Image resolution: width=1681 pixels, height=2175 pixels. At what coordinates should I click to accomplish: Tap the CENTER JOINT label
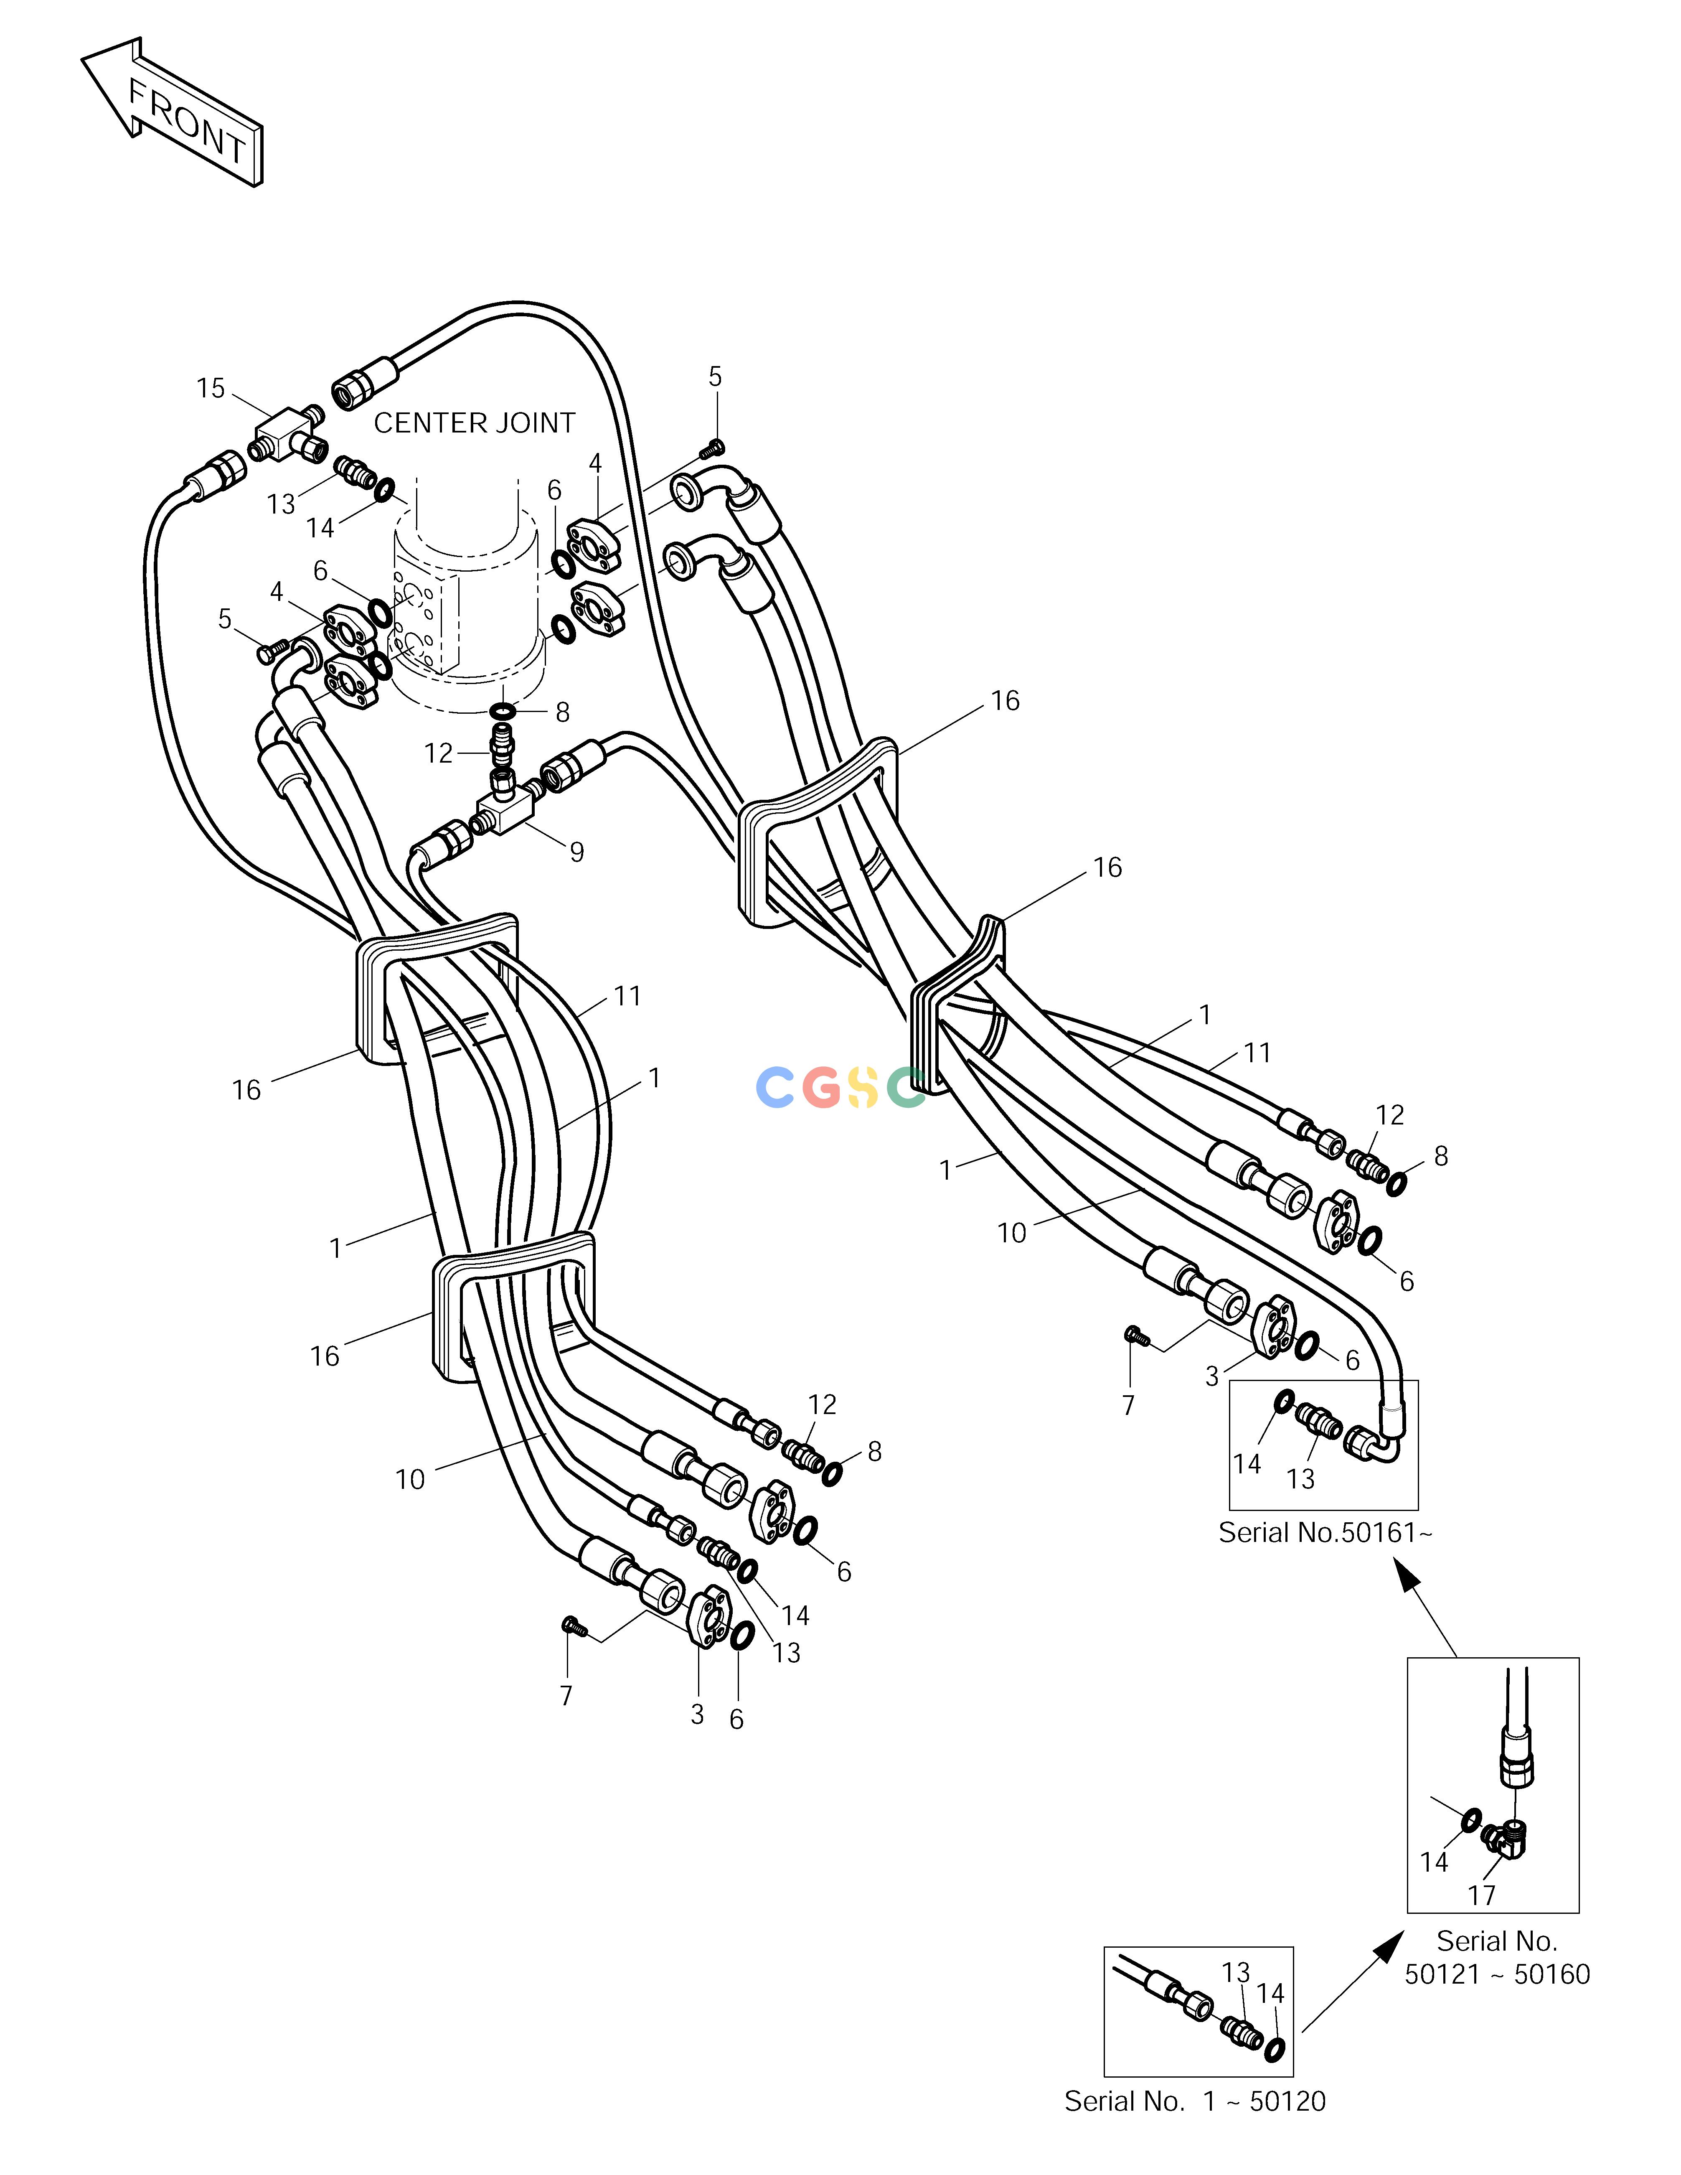coord(474,423)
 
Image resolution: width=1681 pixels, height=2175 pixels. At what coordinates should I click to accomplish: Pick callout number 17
coord(1482,1895)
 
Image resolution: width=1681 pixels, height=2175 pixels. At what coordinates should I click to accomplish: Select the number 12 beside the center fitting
coord(438,753)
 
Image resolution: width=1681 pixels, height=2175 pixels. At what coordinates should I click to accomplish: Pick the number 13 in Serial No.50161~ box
coord(1300,1479)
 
